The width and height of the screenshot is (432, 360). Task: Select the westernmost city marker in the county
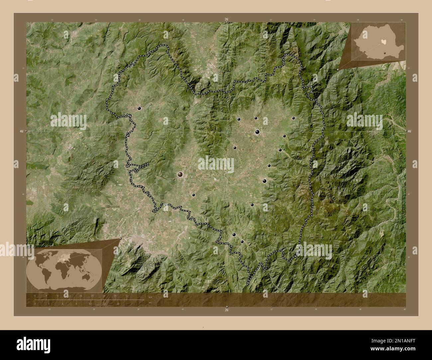(x=139, y=108)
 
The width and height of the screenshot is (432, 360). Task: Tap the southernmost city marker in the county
(x=242, y=242)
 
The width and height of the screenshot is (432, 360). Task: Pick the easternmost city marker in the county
(x=293, y=118)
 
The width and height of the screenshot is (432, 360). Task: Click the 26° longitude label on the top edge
(x=226, y=19)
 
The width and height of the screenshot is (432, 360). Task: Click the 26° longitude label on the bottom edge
(x=226, y=310)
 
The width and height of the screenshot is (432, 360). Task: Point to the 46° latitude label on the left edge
(x=21, y=132)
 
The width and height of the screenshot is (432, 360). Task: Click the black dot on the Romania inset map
(x=384, y=52)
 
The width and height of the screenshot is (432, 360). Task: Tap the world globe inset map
(x=64, y=265)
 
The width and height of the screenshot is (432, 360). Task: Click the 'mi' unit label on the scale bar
(x=150, y=303)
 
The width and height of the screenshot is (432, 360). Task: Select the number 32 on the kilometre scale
(x=127, y=296)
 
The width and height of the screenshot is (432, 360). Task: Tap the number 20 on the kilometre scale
(x=92, y=296)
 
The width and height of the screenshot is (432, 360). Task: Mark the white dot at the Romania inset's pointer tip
(x=338, y=69)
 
